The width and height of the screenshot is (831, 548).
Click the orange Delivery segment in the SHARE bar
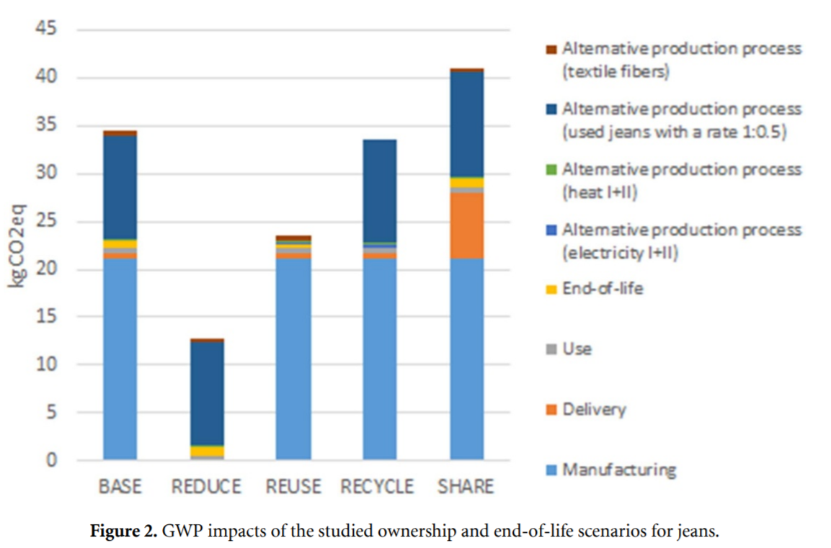click(x=466, y=225)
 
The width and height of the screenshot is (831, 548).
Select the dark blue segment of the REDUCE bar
click(x=207, y=393)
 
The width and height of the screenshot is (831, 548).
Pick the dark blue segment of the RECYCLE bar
click(x=380, y=190)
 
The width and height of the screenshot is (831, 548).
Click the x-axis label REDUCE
click(x=206, y=487)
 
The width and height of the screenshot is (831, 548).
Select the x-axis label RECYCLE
click(x=378, y=487)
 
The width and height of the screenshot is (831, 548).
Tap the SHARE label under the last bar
click(x=466, y=487)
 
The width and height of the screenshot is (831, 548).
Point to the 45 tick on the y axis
click(x=47, y=30)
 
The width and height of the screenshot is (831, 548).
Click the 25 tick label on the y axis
click(x=47, y=222)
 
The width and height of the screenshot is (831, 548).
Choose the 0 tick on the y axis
click(x=53, y=461)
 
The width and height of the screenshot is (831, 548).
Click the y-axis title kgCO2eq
click(x=17, y=245)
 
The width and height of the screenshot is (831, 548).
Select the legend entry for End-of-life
click(x=603, y=289)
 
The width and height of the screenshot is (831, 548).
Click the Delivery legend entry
click(x=594, y=410)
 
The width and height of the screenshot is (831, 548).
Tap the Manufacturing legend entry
click(x=618, y=470)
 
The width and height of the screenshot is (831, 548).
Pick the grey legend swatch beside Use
click(x=552, y=350)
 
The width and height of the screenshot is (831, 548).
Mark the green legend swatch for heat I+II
click(x=552, y=170)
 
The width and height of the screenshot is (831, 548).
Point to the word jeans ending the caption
click(x=698, y=532)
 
